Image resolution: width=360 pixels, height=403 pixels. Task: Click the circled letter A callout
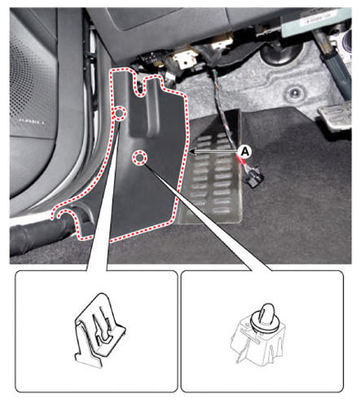(245, 151)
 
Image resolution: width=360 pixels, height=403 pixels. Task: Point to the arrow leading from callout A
(214, 151)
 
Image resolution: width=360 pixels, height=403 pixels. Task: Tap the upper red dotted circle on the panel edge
(119, 113)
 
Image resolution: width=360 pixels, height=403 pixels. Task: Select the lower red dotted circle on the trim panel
(139, 157)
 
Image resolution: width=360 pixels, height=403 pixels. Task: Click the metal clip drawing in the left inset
(99, 330)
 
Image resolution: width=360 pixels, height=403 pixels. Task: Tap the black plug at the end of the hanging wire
(254, 179)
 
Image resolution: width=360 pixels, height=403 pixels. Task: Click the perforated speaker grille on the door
(31, 81)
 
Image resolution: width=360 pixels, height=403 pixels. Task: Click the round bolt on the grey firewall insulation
(294, 94)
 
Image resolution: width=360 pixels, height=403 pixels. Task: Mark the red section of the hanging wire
(243, 160)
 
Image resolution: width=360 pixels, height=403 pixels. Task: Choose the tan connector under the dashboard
(185, 59)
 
